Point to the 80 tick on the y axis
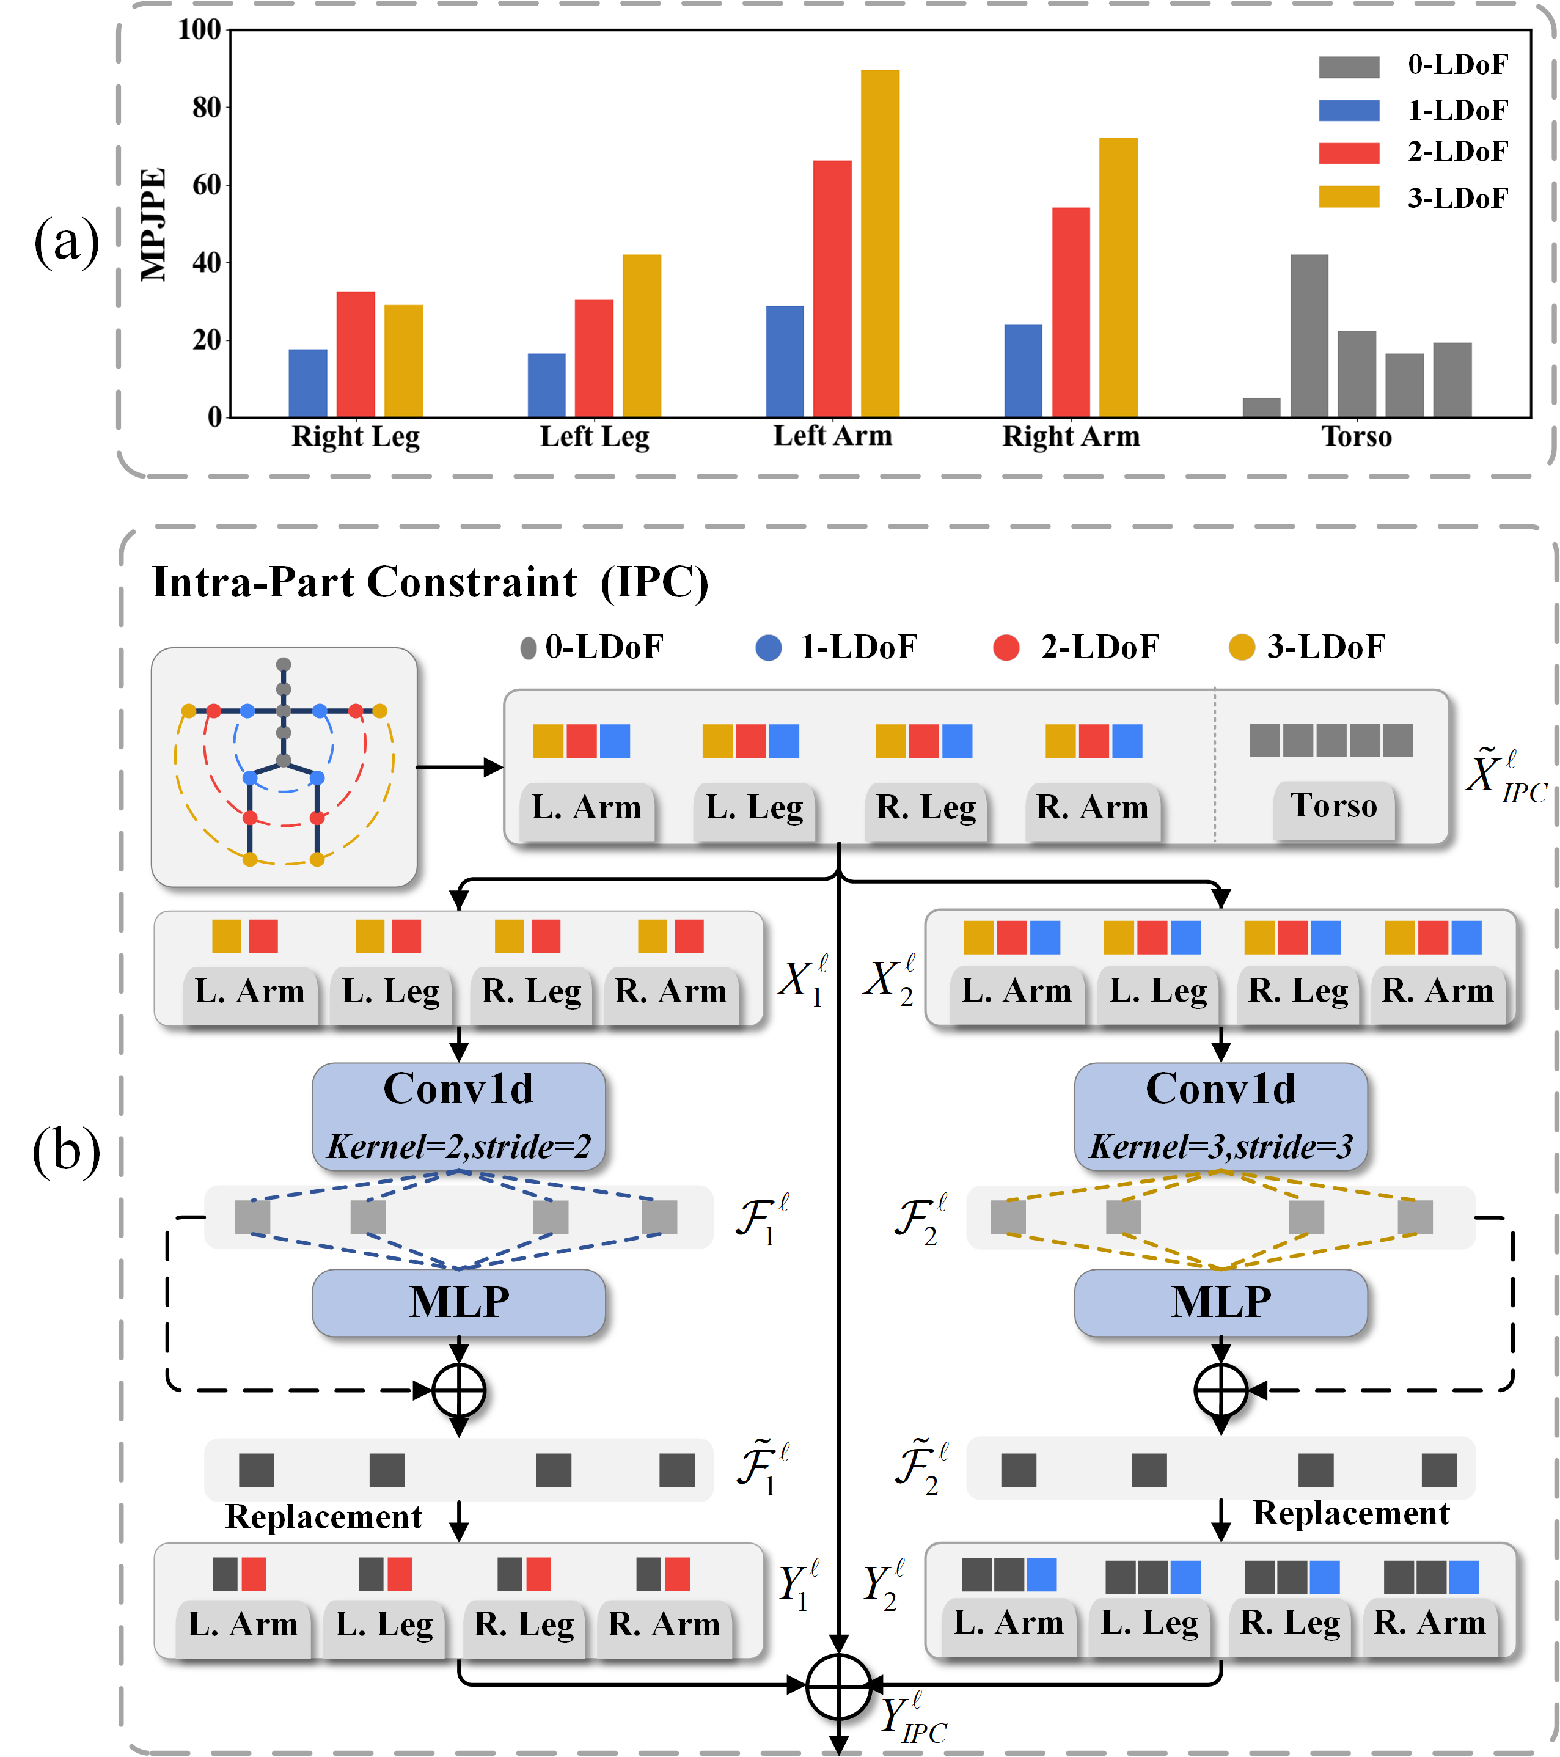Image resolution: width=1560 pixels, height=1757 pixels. click(207, 108)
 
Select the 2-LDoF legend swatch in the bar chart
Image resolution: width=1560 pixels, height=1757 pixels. click(1349, 153)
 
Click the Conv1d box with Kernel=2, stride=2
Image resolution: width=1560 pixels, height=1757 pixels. click(458, 1116)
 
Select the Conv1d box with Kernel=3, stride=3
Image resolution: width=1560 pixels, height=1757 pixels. click(1220, 1116)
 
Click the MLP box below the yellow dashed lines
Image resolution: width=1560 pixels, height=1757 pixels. click(1220, 1302)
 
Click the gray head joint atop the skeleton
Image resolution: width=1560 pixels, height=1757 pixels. click(284, 664)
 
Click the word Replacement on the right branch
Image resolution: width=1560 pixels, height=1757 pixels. click(1350, 1513)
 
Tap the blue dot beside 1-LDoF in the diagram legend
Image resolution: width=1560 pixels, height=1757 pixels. click(769, 647)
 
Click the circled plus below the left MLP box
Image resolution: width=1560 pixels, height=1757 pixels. click(459, 1390)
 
